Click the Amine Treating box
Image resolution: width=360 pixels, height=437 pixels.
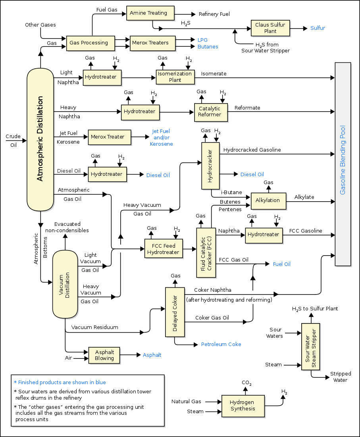pos(150,13)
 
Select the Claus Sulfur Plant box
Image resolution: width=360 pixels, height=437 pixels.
pos(270,28)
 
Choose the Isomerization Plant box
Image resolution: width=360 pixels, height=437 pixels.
pos(175,77)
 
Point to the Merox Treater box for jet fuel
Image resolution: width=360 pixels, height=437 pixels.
pos(109,137)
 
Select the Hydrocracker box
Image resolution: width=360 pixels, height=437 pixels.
pos(210,166)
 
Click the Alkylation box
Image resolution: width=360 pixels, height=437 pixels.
pos(268,200)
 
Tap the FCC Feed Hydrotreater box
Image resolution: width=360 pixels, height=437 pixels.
pos(163,248)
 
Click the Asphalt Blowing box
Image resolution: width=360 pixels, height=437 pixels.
pos(104,355)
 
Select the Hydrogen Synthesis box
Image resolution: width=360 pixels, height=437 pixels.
pos(243,406)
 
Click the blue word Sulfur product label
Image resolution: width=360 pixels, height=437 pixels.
pos(318,28)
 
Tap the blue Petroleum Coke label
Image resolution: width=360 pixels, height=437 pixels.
pos(221,344)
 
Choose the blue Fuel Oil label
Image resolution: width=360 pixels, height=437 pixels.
pos(281,264)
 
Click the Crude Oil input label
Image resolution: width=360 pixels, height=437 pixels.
pos(13,141)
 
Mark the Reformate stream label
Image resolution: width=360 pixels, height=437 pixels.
pos(247,108)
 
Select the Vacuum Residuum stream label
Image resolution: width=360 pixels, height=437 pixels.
pos(94,327)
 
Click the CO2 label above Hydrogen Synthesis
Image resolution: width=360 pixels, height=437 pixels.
pos(246,383)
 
